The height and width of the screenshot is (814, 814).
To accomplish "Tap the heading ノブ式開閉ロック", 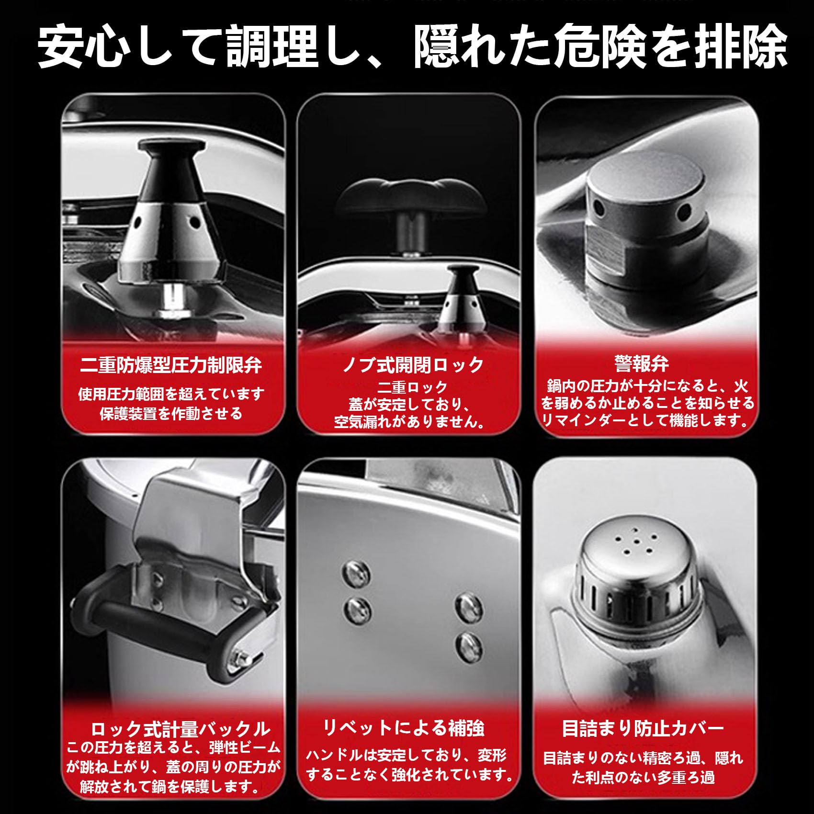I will pos(413,365).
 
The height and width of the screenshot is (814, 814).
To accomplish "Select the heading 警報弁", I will pos(642,363).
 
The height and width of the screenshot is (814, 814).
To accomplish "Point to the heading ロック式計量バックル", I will pos(181,729).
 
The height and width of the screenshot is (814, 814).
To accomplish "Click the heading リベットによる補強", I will pos(404,728).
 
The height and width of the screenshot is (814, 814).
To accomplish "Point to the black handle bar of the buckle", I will pos(158,622).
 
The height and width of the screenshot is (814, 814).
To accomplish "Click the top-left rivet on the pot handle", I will pos(357,572).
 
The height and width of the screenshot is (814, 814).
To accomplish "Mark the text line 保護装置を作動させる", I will pos(171,413).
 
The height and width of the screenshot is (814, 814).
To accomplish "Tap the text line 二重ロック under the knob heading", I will pos(413,387).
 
